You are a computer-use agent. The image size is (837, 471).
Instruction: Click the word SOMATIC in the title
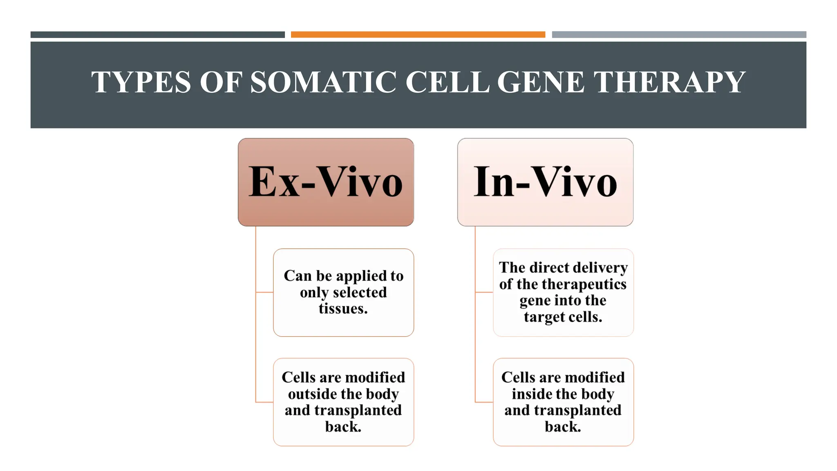(323, 82)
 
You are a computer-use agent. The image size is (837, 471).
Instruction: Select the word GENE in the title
(540, 82)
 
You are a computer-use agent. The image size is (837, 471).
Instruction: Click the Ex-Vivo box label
(326, 182)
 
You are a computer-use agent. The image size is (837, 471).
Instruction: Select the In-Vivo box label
(545, 182)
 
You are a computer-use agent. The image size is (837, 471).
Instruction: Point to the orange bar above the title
(418, 35)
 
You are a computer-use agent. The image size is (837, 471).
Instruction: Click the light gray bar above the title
(679, 35)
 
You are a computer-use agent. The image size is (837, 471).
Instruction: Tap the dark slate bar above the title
(157, 35)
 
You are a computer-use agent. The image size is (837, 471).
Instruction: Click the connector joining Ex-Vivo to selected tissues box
(264, 292)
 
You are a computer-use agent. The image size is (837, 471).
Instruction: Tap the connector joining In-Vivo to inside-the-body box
(484, 402)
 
